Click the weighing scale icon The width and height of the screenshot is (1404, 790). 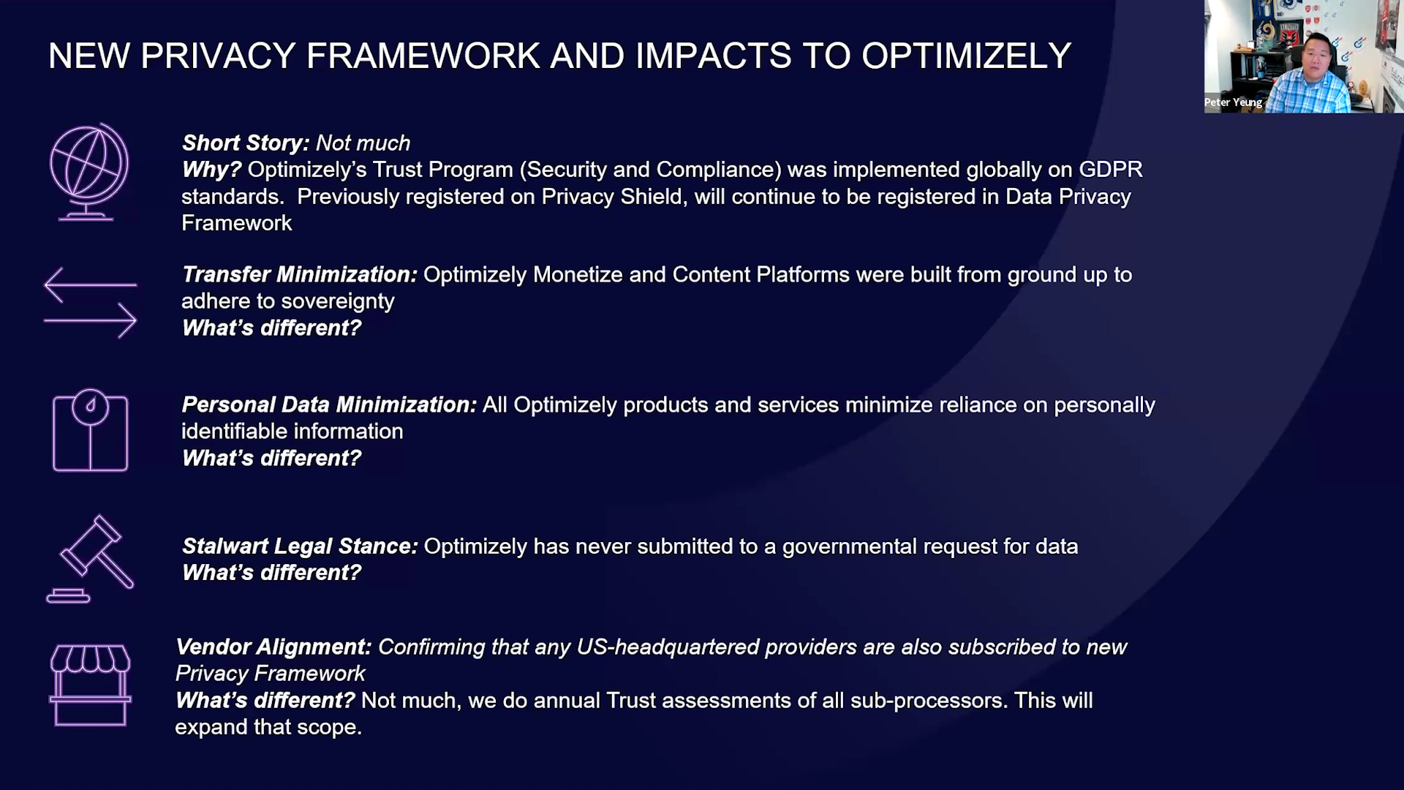(x=90, y=430)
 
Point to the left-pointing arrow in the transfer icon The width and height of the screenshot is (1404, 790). (x=90, y=285)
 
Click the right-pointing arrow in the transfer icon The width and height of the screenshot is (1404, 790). (x=90, y=320)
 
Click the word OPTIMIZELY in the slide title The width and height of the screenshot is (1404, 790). (x=966, y=56)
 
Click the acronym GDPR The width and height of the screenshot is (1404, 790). (x=1110, y=170)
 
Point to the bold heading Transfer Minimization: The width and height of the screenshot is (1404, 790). (x=299, y=274)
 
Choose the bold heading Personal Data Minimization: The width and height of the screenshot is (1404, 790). (x=329, y=405)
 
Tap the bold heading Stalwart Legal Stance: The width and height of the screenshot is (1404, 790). (x=300, y=546)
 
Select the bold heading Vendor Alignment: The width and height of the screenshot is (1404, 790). (x=273, y=647)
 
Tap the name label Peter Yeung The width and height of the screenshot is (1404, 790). (x=1233, y=102)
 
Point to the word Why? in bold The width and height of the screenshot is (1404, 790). (x=211, y=170)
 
